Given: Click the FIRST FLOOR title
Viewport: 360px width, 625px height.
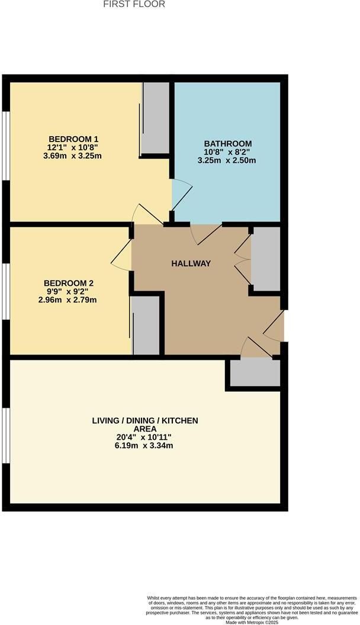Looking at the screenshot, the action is pos(134,4).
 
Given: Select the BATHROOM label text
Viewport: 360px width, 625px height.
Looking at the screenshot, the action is pos(228,143).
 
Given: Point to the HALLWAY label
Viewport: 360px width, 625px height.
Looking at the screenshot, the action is pos(191,263).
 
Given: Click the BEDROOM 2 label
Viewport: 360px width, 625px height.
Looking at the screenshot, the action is pos(69,283).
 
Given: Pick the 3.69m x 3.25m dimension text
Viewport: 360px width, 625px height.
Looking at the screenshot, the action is pos(72,156).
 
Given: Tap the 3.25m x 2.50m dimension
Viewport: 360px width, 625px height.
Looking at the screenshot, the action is pos(227,160).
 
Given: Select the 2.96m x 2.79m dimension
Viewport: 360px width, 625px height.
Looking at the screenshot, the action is pos(67,299).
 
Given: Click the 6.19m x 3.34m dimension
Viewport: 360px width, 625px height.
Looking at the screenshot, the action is pos(143,446).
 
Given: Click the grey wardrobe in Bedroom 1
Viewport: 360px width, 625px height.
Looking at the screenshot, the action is pos(156,118).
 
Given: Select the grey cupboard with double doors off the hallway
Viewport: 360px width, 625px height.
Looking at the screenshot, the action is pos(265,259).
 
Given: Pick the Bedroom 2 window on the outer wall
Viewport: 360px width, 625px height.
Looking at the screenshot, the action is pos(5,291).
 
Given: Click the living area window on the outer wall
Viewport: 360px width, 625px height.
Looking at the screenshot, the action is pos(5,436).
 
